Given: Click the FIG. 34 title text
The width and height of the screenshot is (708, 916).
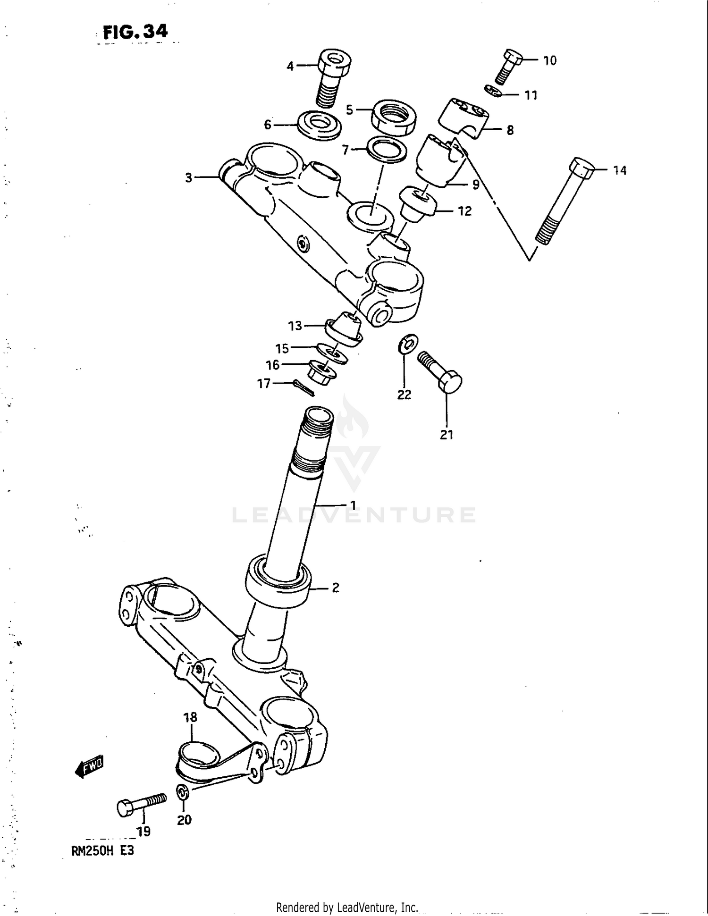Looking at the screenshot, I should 135,32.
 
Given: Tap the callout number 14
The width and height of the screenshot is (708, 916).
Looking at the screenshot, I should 619,170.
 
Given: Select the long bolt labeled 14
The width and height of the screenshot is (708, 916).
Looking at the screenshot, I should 565,203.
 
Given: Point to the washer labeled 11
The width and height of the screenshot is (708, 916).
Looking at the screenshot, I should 493,91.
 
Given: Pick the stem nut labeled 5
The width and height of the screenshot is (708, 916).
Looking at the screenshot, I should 393,117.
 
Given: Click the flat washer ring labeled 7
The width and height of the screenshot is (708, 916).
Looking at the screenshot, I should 387,149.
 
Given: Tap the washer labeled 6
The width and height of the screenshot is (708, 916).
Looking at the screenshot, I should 320,125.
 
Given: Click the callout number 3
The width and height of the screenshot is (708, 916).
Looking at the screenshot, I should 188,178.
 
